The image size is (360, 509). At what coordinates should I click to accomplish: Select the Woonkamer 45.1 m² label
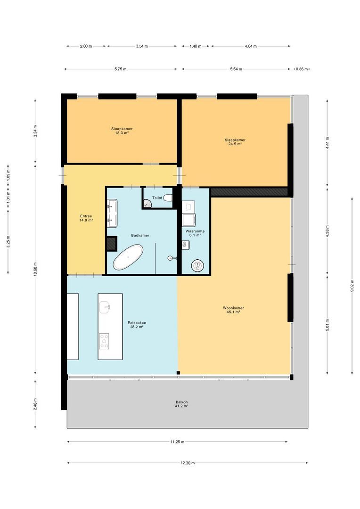(x=233, y=310)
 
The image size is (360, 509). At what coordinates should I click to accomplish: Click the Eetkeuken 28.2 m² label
(x=137, y=324)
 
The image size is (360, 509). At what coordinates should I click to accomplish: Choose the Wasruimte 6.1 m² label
(x=195, y=233)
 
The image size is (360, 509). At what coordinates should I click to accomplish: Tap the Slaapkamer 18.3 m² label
(x=121, y=131)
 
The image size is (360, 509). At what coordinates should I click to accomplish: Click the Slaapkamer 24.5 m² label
(x=235, y=141)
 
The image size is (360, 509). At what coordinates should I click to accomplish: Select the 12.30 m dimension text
(x=187, y=463)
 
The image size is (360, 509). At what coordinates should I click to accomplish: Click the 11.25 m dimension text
(x=177, y=442)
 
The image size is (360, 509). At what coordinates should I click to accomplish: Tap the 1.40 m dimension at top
(x=196, y=46)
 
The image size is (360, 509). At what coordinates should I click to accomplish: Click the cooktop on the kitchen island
(x=104, y=340)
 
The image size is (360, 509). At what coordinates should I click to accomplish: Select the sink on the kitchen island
(x=105, y=306)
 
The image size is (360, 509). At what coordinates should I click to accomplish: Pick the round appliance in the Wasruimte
(x=197, y=266)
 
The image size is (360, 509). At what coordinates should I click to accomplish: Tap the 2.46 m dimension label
(x=35, y=404)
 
